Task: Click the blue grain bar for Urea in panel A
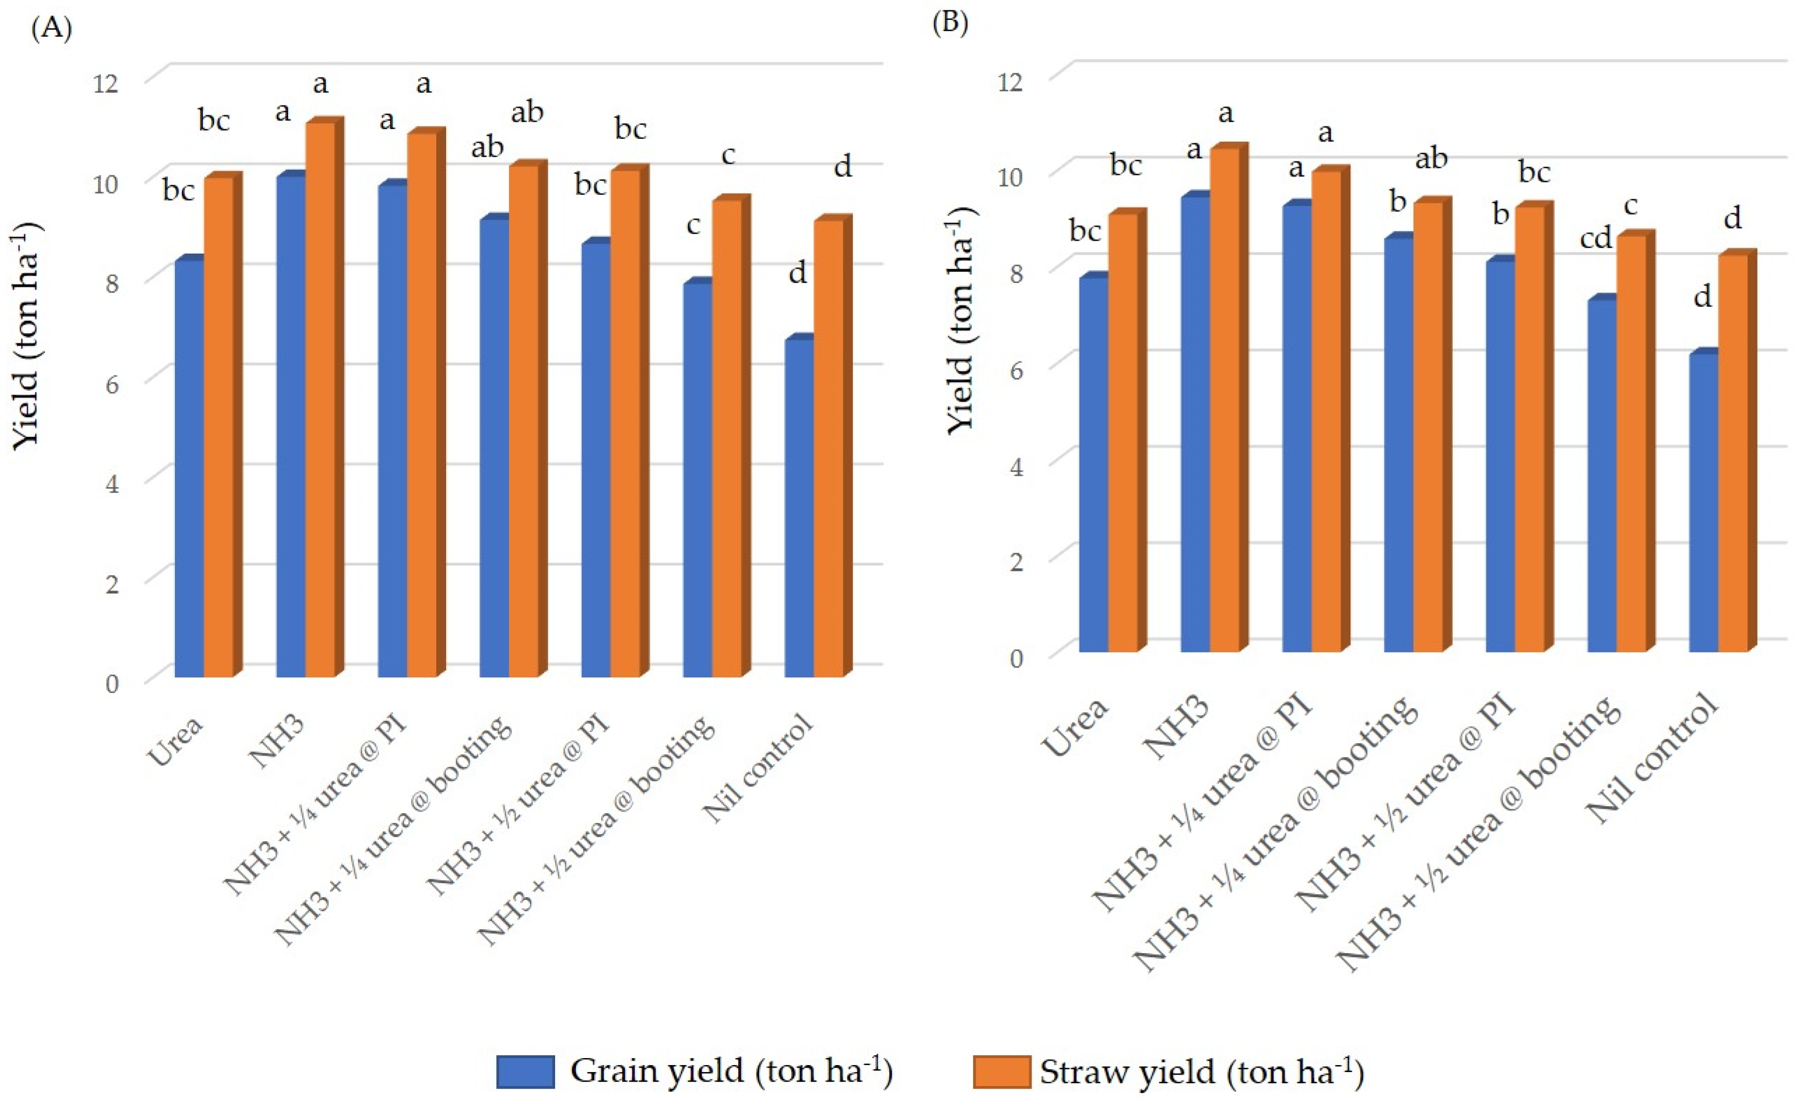point(189,467)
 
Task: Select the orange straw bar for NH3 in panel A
point(320,401)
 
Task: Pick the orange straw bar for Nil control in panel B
point(1732,452)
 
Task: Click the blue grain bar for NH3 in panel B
point(1195,423)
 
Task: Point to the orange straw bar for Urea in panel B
point(1122,430)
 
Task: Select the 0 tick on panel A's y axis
point(111,683)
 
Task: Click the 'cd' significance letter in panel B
point(1595,238)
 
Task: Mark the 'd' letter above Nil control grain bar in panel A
point(798,273)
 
